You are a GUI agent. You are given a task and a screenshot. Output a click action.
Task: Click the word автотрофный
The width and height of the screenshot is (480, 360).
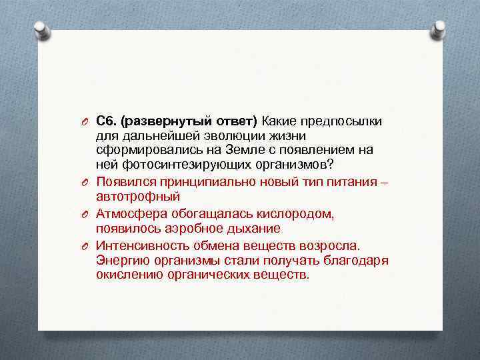tap(138, 197)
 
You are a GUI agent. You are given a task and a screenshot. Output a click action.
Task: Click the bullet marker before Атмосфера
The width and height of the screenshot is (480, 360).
tap(87, 215)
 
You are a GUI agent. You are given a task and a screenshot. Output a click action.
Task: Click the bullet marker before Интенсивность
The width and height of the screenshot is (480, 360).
tap(87, 246)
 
